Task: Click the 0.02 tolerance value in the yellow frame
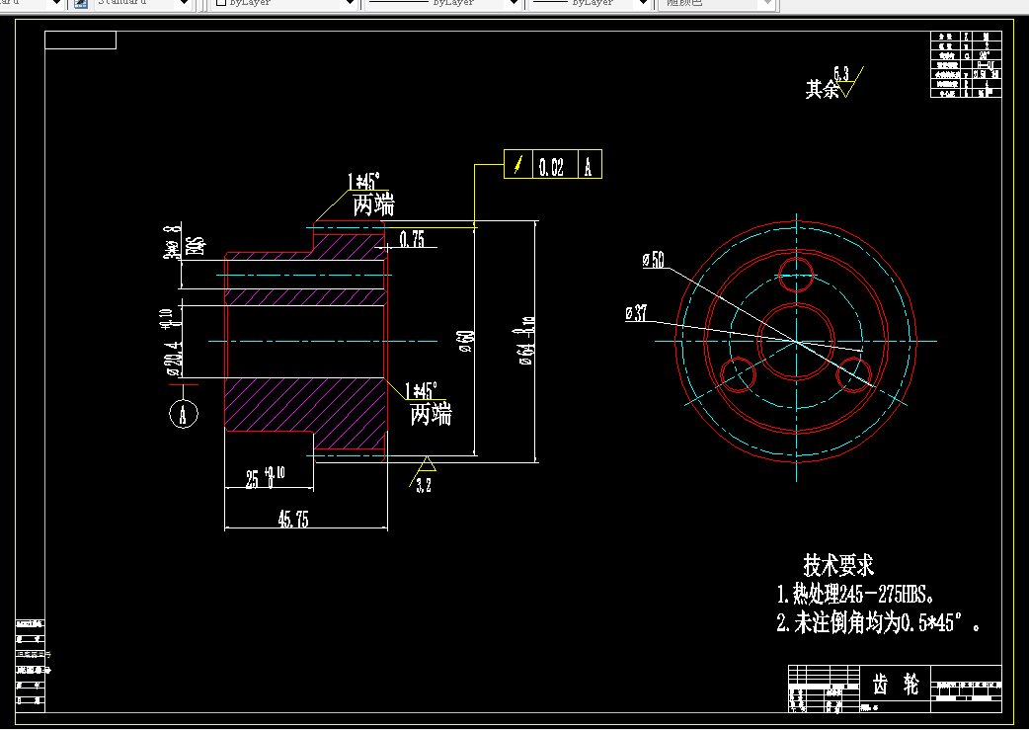(x=551, y=167)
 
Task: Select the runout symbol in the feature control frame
(x=518, y=165)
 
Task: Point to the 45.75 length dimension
(x=291, y=520)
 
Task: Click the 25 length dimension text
(x=253, y=479)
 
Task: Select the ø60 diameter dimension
(x=465, y=342)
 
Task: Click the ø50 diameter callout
(x=653, y=261)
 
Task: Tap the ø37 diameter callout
(x=637, y=314)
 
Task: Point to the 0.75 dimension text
(x=412, y=239)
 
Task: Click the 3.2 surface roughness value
(x=423, y=485)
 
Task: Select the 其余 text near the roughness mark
(x=822, y=90)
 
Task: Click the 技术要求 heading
(x=838, y=566)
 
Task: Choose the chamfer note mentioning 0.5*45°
(x=878, y=624)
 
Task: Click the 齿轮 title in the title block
(x=896, y=684)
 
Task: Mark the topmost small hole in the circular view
(x=795, y=273)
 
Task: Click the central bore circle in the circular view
(x=795, y=341)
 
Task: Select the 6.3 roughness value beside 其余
(x=840, y=74)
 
